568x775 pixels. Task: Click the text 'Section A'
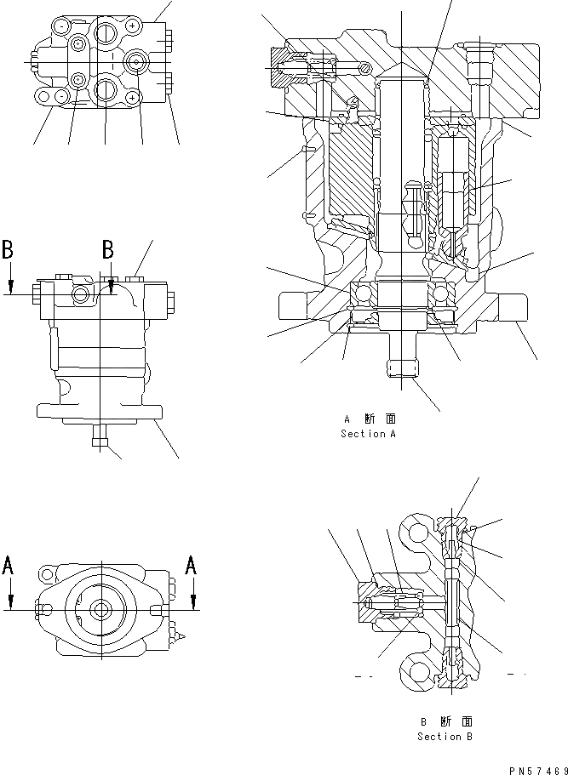368,434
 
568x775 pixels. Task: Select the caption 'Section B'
444,737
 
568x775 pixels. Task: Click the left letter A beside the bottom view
9,566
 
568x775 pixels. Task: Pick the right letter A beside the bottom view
193,566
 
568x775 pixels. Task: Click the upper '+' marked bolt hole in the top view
133,26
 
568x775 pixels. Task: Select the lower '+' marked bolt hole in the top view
133,99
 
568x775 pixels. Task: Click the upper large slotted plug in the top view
106,34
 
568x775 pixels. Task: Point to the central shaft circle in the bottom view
101,609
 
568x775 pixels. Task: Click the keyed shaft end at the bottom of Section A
402,368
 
